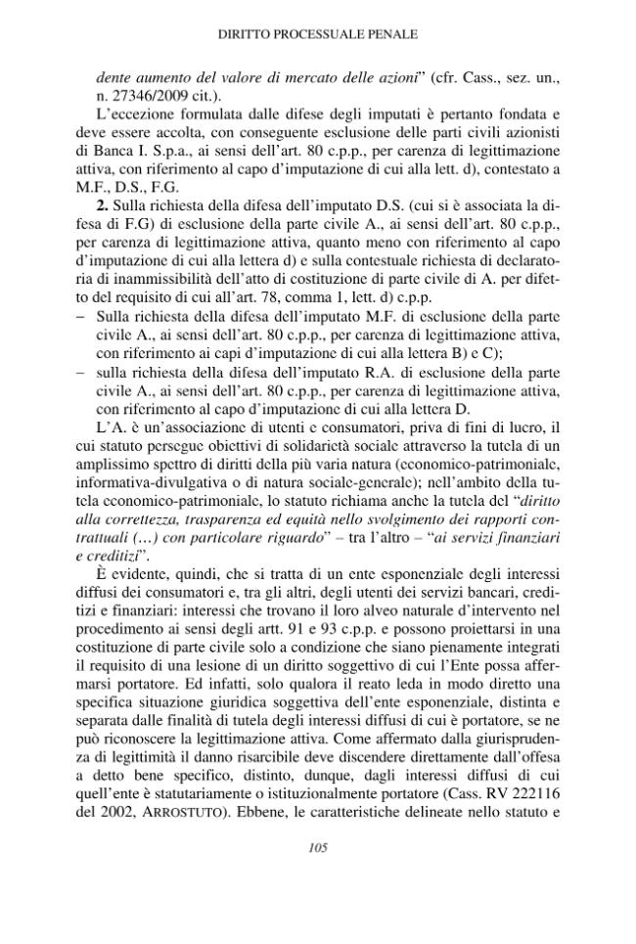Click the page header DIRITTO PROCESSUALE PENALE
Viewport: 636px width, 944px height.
point(317,33)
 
